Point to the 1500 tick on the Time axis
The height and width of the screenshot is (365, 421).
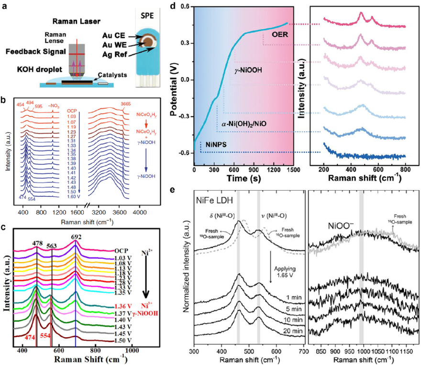[294, 169]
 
